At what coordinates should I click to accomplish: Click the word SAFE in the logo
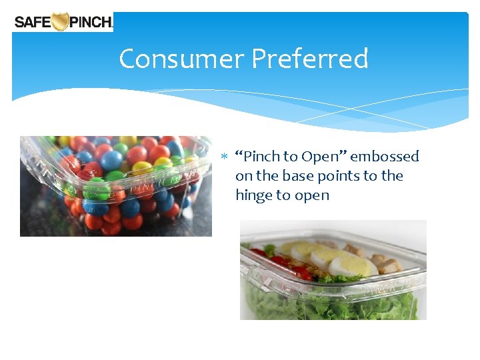point(33,22)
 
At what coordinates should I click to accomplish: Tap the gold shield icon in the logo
point(61,22)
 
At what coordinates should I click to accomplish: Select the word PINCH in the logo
point(91,22)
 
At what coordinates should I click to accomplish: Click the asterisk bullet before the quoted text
point(225,157)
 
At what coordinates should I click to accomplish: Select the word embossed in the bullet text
point(385,157)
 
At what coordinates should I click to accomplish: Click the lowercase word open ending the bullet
point(311,196)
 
